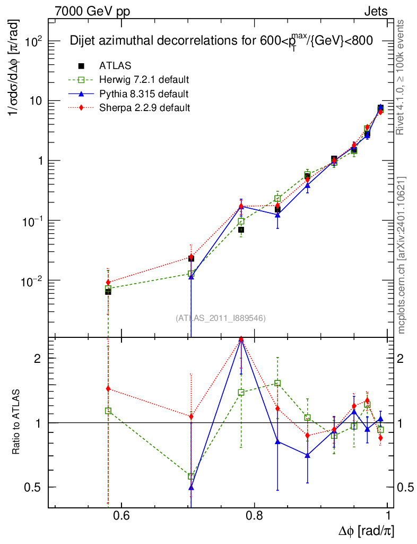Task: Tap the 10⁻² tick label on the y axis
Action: pyautogui.click(x=31, y=280)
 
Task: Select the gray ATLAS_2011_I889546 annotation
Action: pyautogui.click(x=220, y=318)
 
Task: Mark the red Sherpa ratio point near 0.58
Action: pyautogui.click(x=108, y=389)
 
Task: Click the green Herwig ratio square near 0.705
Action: pyautogui.click(x=191, y=476)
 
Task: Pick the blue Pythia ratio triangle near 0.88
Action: pyautogui.click(x=307, y=455)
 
